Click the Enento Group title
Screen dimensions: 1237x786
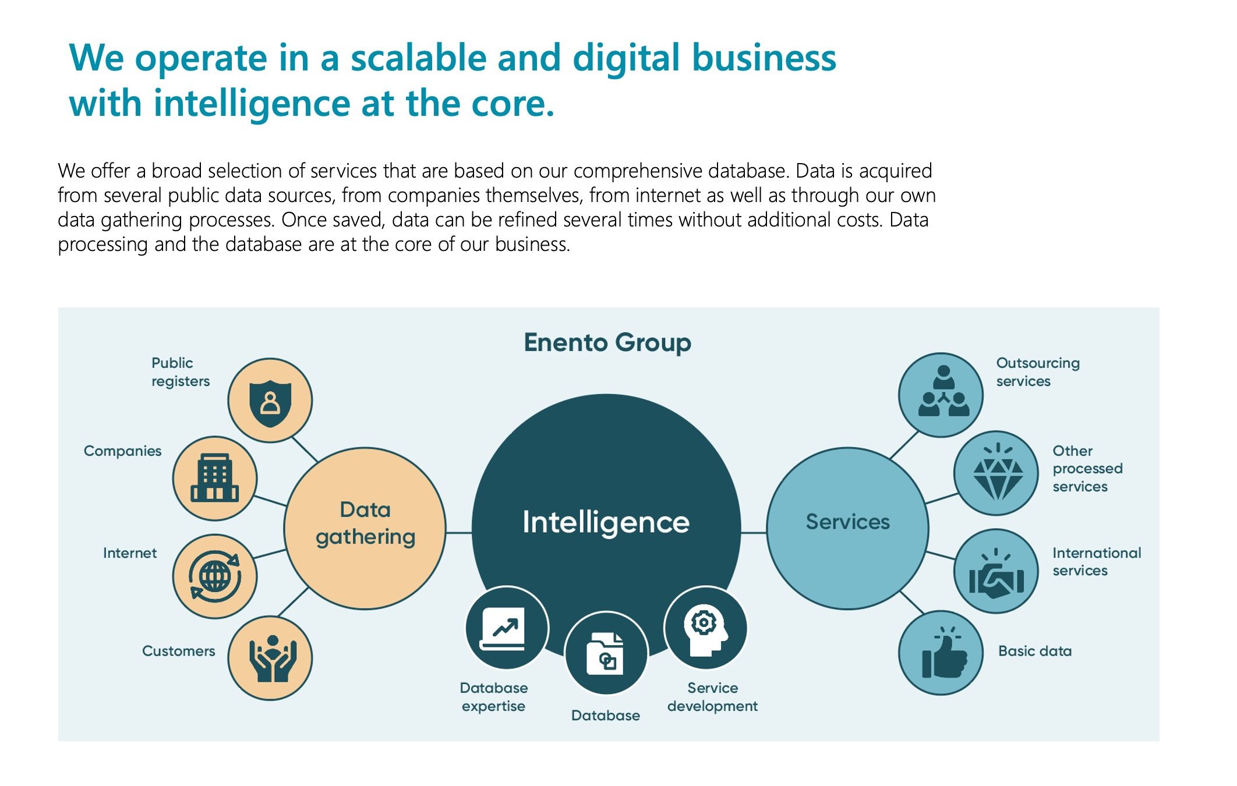coord(607,342)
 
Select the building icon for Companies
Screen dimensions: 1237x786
coord(214,478)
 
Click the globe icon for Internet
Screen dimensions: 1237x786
coord(214,576)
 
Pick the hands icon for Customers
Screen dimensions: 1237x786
coord(272,658)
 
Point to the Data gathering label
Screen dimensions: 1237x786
coord(365,523)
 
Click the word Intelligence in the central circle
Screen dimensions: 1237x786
coord(606,522)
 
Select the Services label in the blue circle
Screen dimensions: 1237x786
coord(847,521)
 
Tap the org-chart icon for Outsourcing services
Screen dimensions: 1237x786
coord(943,391)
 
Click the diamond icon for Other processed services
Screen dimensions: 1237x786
coord(998,472)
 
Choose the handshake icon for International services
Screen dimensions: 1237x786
coord(996,573)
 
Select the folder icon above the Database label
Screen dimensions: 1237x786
coord(605,654)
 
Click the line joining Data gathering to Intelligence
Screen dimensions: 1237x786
coord(459,532)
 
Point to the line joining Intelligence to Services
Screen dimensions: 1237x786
coord(754,532)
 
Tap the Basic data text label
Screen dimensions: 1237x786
coord(1035,651)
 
